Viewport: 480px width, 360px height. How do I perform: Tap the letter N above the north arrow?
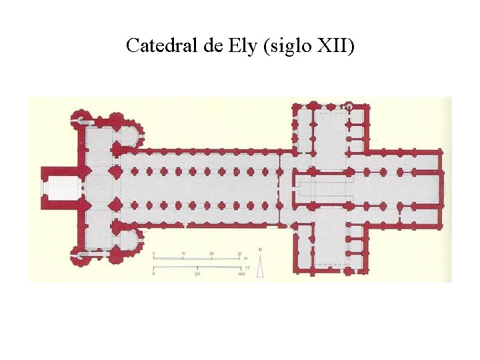pyautogui.click(x=261, y=250)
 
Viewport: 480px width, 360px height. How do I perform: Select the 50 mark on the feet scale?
pyautogui.click(x=197, y=273)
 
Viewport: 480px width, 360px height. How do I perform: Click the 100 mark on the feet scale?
pyautogui.click(x=241, y=273)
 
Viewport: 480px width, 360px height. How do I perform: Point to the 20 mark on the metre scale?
pyautogui.click(x=211, y=254)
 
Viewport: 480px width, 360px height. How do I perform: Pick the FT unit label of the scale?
pyautogui.click(x=247, y=267)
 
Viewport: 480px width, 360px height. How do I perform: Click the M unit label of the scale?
pyautogui.click(x=245, y=259)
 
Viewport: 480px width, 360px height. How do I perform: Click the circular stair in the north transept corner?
pyautogui.click(x=347, y=107)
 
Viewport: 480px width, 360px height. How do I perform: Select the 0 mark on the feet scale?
pyautogui.click(x=154, y=273)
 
